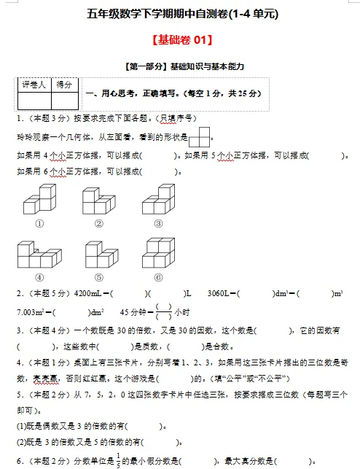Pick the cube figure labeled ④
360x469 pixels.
tap(39, 255)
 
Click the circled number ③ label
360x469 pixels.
tap(158, 224)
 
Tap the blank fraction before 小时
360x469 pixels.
tap(163, 312)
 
